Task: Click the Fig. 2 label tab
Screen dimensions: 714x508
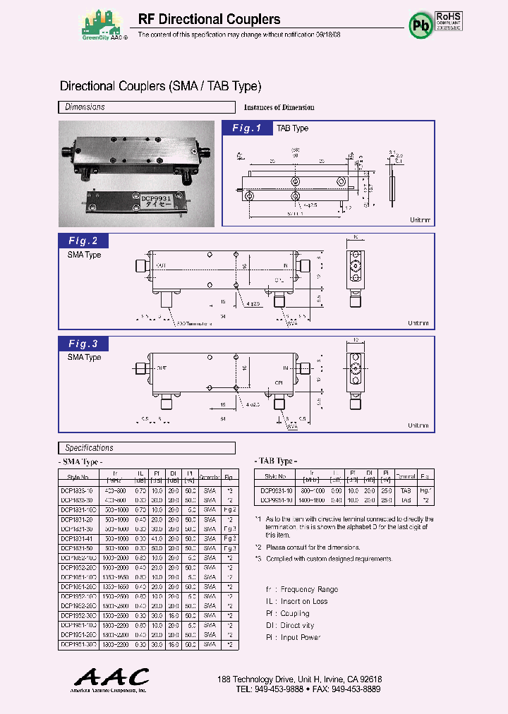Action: tap(83, 241)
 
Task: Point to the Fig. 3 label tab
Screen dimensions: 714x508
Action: tap(83, 344)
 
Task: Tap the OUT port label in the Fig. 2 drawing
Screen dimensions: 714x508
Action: tap(162, 266)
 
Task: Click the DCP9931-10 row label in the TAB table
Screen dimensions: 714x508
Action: tap(278, 490)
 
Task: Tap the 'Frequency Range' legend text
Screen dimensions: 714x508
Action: tap(309, 589)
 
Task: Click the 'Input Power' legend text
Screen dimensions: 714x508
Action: tap(301, 637)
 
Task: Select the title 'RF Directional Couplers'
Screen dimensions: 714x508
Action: tap(209, 20)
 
